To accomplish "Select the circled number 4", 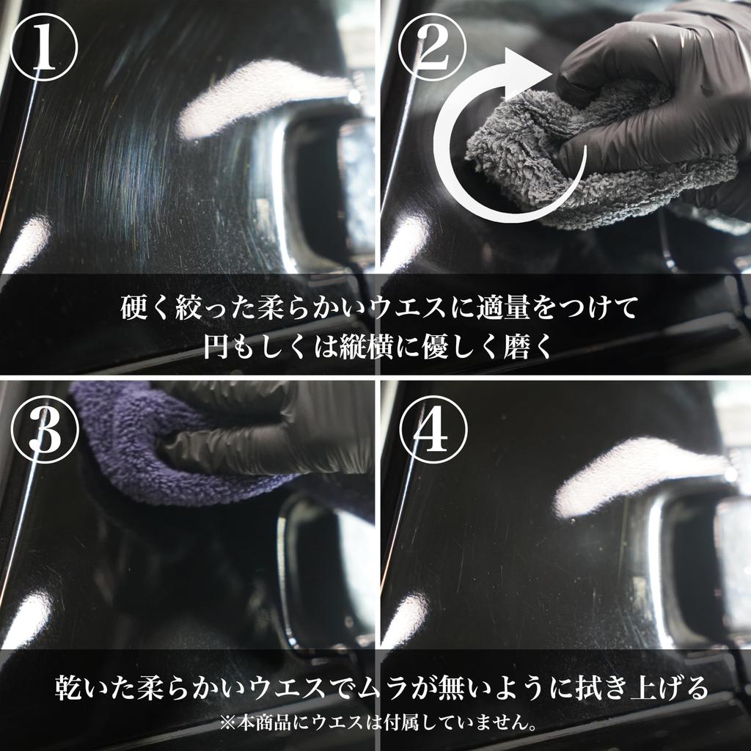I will pos(431,433).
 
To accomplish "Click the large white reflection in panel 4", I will pos(631,477).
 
